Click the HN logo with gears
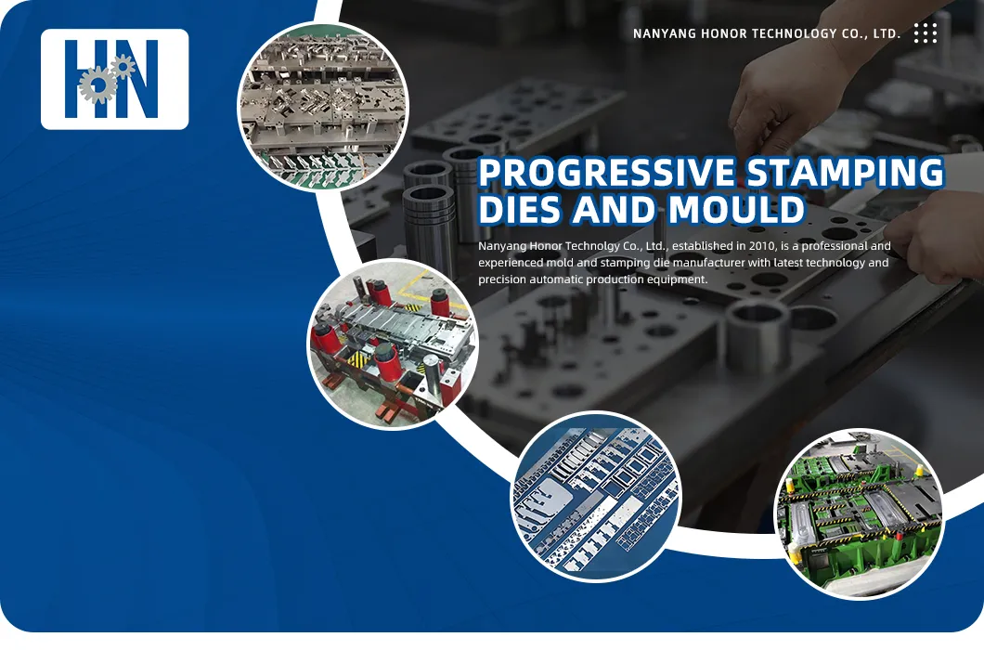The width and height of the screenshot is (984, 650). point(114,79)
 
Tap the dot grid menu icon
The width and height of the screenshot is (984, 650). point(925,33)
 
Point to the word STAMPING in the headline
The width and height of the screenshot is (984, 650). point(845,174)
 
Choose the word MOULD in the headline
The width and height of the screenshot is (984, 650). point(736,211)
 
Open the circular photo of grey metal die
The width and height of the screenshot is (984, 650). point(322,105)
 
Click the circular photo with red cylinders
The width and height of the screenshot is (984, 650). point(393,345)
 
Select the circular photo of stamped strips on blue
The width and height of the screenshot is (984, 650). point(596,497)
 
